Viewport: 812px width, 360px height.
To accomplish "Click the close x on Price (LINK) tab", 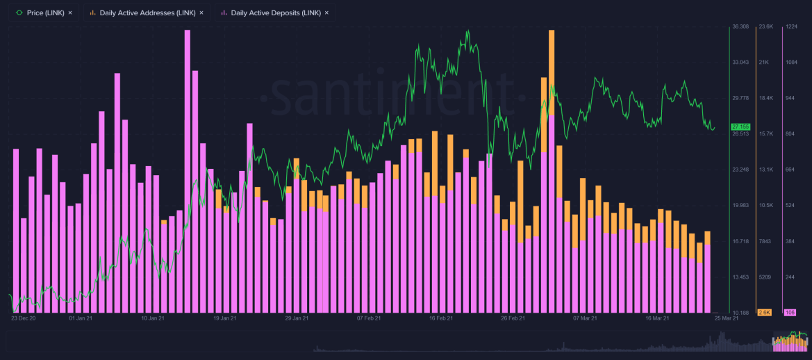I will point(70,13).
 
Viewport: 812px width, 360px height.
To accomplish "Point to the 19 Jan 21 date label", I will point(225,318).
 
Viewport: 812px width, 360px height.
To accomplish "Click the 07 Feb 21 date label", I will point(369,318).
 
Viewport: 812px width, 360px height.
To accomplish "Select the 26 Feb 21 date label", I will point(513,318).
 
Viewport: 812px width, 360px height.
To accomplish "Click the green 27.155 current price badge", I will point(740,126).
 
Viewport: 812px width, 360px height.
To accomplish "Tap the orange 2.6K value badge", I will point(765,313).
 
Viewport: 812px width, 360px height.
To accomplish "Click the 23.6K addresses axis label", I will point(765,26).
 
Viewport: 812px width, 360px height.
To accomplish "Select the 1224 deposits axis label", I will point(791,26).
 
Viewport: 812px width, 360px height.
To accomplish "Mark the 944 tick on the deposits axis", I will point(790,98).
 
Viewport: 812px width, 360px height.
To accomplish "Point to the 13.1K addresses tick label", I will point(765,170).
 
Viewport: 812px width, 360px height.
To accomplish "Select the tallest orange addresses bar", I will point(552,69).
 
